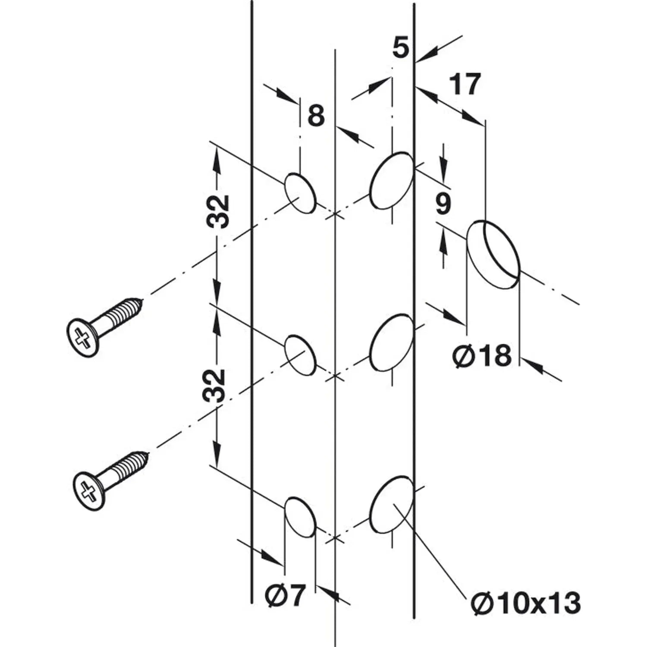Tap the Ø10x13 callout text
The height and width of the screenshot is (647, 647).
(525, 603)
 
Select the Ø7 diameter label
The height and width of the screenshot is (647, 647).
(285, 596)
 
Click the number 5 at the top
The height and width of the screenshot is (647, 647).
(401, 47)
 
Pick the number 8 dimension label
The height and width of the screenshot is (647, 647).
(316, 116)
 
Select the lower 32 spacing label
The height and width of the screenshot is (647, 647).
(216, 385)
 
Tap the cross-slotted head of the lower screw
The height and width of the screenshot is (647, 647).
(89, 492)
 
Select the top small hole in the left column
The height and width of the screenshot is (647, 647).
(299, 193)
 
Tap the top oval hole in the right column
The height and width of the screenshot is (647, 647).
(392, 180)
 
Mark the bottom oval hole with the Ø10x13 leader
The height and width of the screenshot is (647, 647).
(392, 505)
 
